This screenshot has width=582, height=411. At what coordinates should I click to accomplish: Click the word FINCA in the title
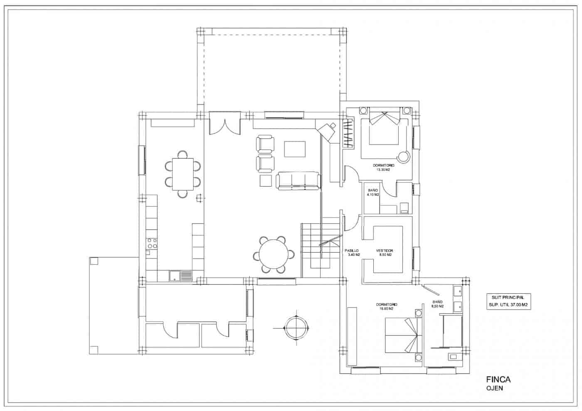498,379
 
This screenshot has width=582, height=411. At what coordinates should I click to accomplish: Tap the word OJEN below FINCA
494,388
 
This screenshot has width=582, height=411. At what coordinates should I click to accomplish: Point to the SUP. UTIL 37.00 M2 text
509,305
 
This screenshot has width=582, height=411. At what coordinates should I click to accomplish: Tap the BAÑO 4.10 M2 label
373,192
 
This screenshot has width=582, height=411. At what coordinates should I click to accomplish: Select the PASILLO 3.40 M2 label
352,253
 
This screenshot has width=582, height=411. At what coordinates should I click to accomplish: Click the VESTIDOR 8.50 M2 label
384,253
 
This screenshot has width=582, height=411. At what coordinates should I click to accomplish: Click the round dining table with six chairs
274,254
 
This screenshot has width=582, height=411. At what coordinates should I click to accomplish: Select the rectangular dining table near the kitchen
183,174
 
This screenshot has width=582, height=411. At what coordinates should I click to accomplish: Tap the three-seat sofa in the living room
298,181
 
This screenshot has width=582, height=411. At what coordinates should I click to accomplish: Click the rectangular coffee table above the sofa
295,149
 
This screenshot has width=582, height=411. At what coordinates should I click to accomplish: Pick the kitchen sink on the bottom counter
181,276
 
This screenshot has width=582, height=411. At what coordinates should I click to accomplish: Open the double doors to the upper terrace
225,124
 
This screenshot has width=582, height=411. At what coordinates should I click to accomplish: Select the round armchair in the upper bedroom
403,157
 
